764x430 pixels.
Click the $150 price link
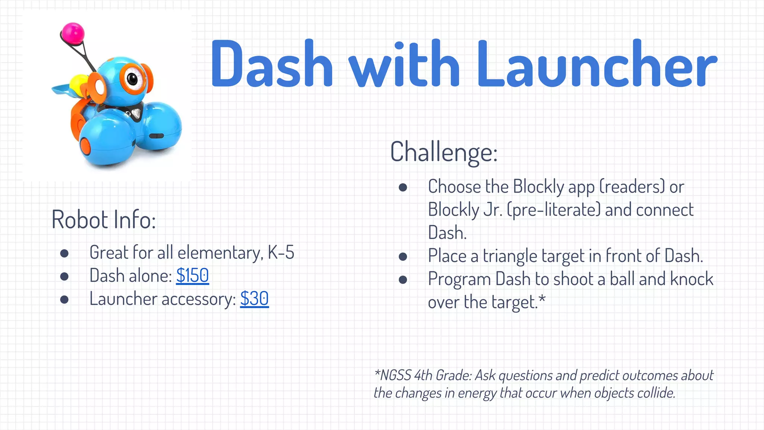(192, 276)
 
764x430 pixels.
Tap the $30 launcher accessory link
(254, 299)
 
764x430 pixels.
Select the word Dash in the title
(272, 64)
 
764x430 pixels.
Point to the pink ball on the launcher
(73, 32)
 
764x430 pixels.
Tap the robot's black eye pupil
(132, 78)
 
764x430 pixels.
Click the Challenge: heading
(444, 152)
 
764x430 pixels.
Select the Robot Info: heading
(104, 219)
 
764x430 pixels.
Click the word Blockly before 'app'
(538, 187)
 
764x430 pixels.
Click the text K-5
(281, 253)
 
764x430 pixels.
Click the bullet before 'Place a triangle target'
(403, 256)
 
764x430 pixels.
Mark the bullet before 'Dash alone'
(65, 276)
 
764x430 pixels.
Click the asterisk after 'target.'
(542, 299)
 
